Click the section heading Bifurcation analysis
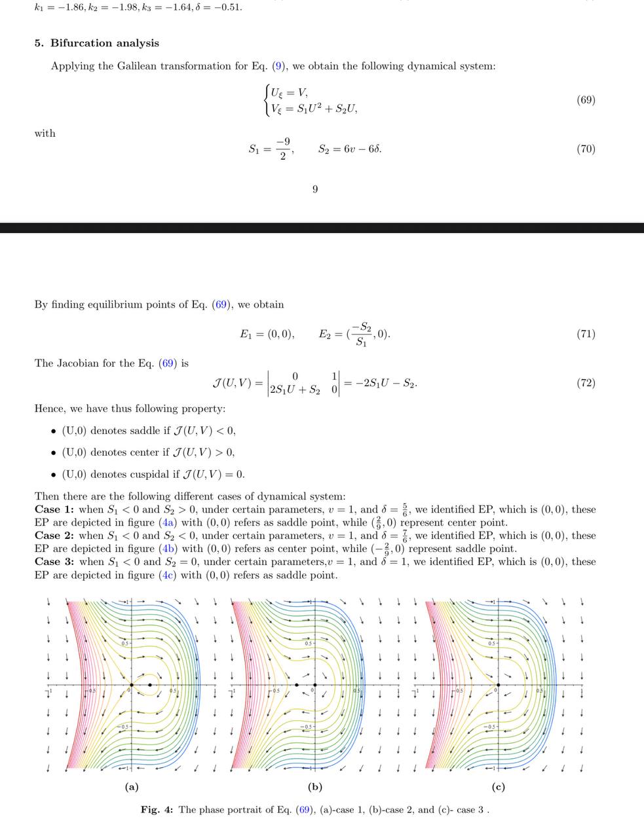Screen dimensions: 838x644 [x=104, y=43]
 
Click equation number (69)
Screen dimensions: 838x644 [x=586, y=100]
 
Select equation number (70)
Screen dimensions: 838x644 [x=586, y=149]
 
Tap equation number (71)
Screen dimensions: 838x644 [x=586, y=334]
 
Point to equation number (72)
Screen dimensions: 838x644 [x=586, y=382]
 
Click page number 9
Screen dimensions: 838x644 [x=315, y=189]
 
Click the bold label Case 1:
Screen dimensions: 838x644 [x=54, y=509]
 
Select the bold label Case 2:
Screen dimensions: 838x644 [x=54, y=536]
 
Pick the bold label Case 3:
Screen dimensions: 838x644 [x=54, y=562]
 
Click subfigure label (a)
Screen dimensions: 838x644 [x=132, y=788]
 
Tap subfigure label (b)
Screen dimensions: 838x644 [x=315, y=788]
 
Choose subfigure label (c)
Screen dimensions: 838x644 [x=499, y=788]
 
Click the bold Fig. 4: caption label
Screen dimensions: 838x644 [x=157, y=810]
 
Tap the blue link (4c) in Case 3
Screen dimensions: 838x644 [x=166, y=575]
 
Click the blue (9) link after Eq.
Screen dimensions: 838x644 [x=279, y=66]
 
